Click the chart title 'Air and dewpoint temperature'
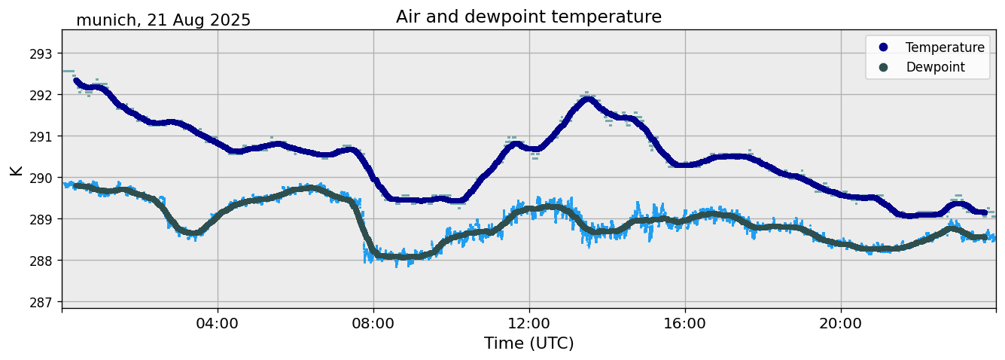528,17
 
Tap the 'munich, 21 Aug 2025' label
163,20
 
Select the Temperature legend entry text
945,47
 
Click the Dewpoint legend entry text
935,67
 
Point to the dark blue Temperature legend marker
883,47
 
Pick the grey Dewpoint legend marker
883,67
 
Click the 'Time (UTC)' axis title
528,343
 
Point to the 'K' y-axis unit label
17,170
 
